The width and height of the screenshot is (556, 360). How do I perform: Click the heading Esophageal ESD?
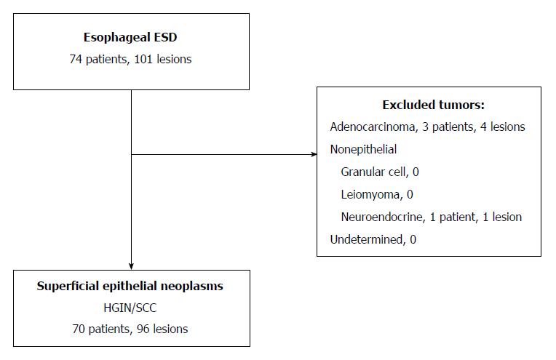click(x=130, y=38)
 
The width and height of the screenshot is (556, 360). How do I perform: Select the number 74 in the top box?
click(x=76, y=59)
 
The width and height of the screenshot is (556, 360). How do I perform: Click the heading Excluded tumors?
click(x=433, y=105)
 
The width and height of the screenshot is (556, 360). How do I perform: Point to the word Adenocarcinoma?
click(x=373, y=127)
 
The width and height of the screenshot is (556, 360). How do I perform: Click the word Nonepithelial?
click(x=363, y=149)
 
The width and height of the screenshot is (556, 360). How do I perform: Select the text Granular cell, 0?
click(x=380, y=172)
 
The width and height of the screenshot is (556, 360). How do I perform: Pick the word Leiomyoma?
click(x=370, y=194)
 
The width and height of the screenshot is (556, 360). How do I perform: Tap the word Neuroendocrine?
click(x=382, y=217)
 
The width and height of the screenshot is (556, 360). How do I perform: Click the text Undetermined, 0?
click(x=373, y=239)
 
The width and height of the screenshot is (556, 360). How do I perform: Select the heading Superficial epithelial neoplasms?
click(x=130, y=286)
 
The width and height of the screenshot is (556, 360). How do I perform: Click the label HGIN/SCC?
click(x=130, y=308)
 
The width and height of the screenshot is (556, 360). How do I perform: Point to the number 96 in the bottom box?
click(x=143, y=329)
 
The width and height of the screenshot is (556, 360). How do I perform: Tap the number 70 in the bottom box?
click(x=79, y=329)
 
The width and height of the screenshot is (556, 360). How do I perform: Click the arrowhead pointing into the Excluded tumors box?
click(x=314, y=154)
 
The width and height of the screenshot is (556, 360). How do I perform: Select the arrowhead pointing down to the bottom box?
click(x=131, y=266)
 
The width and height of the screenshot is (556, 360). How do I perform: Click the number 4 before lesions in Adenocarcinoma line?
click(x=483, y=127)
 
